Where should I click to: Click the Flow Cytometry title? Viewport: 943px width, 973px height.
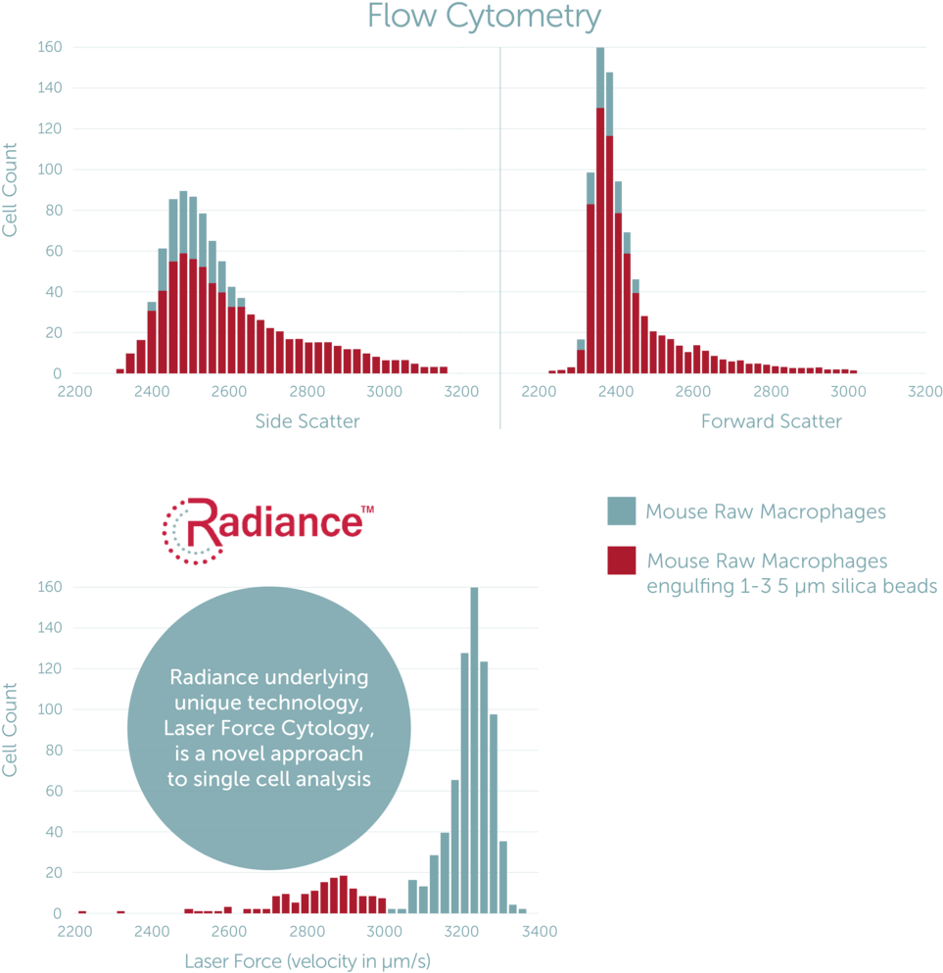(484, 17)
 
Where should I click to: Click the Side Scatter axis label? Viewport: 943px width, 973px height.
(306, 422)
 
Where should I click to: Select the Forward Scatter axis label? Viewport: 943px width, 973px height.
(772, 422)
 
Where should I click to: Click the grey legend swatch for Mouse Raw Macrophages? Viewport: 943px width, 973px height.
(622, 511)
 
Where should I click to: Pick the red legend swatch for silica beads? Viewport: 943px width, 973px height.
(622, 560)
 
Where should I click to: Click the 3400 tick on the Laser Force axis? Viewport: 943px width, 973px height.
(538, 932)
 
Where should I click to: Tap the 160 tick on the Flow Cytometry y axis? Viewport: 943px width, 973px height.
(49, 47)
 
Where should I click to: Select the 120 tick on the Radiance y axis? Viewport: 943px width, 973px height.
(49, 669)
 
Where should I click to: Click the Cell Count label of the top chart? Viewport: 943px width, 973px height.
(10, 189)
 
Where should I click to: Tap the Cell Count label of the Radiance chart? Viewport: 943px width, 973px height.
(10, 730)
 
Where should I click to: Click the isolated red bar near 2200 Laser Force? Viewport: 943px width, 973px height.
(82, 911)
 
